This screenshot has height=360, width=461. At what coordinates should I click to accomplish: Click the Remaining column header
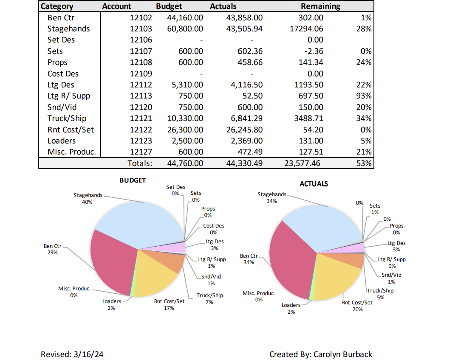(320, 6)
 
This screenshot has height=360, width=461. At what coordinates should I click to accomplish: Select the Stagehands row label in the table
(68, 29)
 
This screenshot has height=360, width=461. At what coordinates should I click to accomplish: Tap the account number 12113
(141, 96)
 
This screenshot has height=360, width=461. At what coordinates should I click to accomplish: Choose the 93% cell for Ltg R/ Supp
(364, 96)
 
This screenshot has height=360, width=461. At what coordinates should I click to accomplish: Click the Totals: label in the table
(140, 163)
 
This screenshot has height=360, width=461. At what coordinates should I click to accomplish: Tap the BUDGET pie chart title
(133, 180)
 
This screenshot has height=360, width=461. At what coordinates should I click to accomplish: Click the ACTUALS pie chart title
(314, 184)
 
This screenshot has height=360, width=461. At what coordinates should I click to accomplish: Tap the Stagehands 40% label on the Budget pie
(88, 199)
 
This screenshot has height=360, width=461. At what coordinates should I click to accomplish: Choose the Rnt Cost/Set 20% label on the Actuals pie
(357, 306)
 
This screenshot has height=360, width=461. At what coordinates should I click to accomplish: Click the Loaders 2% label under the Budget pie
(111, 304)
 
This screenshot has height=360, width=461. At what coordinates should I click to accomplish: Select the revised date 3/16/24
(87, 354)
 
